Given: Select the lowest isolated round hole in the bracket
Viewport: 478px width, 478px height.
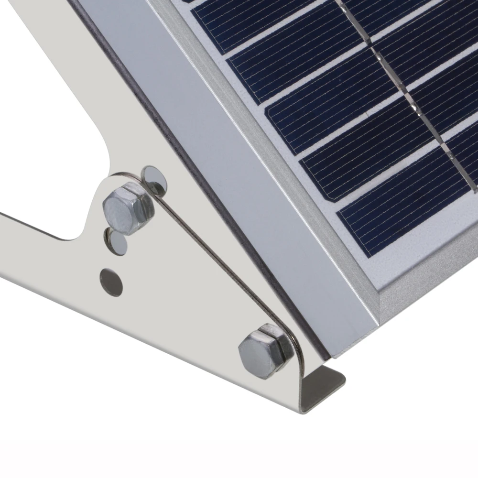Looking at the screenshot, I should click(111, 281).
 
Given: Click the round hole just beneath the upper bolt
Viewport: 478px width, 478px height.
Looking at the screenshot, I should click(117, 242).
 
